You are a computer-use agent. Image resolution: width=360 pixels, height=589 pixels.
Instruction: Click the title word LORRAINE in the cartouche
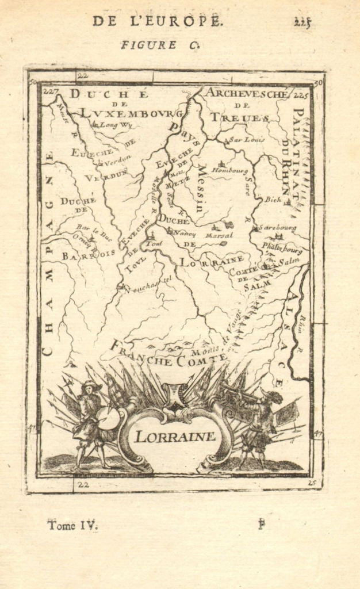point(175,435)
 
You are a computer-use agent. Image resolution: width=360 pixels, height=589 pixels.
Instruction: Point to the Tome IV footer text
point(72,525)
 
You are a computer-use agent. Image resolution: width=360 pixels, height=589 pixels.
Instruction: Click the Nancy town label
point(185,234)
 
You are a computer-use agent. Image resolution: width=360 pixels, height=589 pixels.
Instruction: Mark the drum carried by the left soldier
point(107,418)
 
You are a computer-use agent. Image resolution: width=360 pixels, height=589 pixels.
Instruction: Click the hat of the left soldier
point(91,385)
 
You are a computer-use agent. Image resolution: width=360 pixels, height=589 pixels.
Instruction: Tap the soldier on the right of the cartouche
point(260,426)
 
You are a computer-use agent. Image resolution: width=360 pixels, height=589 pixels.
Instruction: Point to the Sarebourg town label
point(277,228)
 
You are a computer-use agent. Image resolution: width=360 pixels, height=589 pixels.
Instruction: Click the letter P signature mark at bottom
point(262,524)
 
